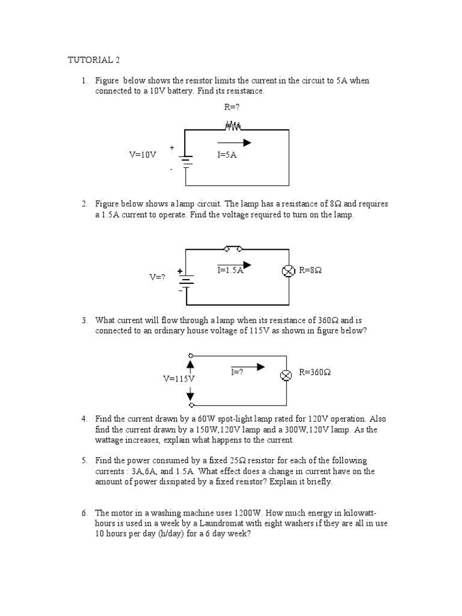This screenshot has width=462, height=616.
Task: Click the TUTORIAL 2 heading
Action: point(97,60)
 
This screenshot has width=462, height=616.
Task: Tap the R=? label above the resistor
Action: point(232,108)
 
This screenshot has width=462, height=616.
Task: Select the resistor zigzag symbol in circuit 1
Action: point(233,126)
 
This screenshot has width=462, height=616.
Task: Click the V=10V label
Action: point(143,155)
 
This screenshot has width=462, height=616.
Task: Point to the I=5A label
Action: point(227,155)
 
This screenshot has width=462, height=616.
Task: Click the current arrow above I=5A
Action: point(235,143)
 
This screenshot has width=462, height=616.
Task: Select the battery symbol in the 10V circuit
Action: point(186,159)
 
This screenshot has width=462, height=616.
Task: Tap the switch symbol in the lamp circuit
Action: point(233,248)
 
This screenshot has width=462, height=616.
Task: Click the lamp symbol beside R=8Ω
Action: point(288,271)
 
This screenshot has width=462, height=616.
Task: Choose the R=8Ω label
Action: point(310,271)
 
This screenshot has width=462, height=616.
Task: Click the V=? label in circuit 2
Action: point(157,277)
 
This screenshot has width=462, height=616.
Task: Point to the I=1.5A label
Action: point(230,270)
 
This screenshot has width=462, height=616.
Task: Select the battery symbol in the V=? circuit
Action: point(186,280)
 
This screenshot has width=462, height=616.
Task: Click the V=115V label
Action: point(179,379)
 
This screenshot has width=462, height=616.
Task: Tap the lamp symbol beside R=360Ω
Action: point(287,375)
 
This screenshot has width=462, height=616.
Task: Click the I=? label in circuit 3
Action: point(237,372)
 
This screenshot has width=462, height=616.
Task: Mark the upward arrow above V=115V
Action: point(191,365)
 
